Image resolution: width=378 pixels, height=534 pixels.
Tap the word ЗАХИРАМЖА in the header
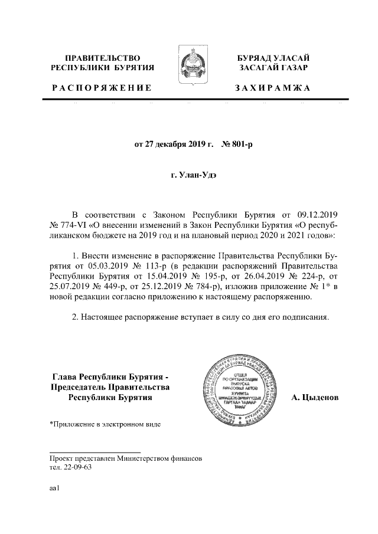[x=272, y=88]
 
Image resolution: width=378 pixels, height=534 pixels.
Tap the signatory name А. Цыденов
[x=315, y=398]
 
